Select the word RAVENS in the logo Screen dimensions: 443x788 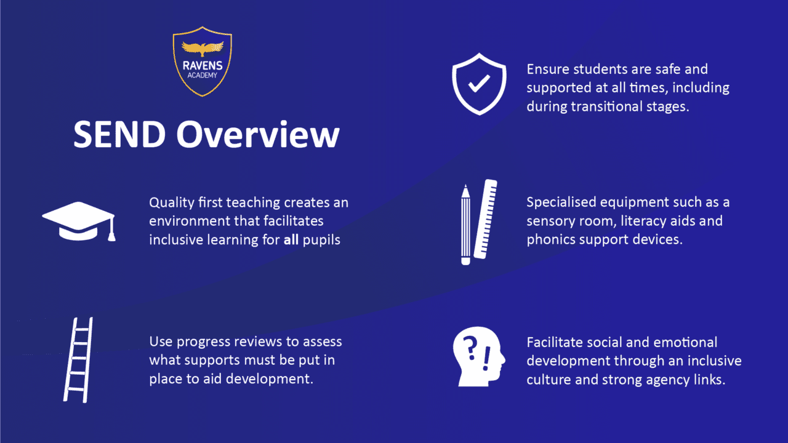point(203,66)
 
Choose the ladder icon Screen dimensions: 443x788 point(78,360)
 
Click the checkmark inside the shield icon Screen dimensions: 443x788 point(478,86)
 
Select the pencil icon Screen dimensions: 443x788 point(466,224)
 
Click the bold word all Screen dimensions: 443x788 point(291,240)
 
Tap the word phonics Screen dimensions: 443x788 point(550,239)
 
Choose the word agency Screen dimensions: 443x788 point(657,379)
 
